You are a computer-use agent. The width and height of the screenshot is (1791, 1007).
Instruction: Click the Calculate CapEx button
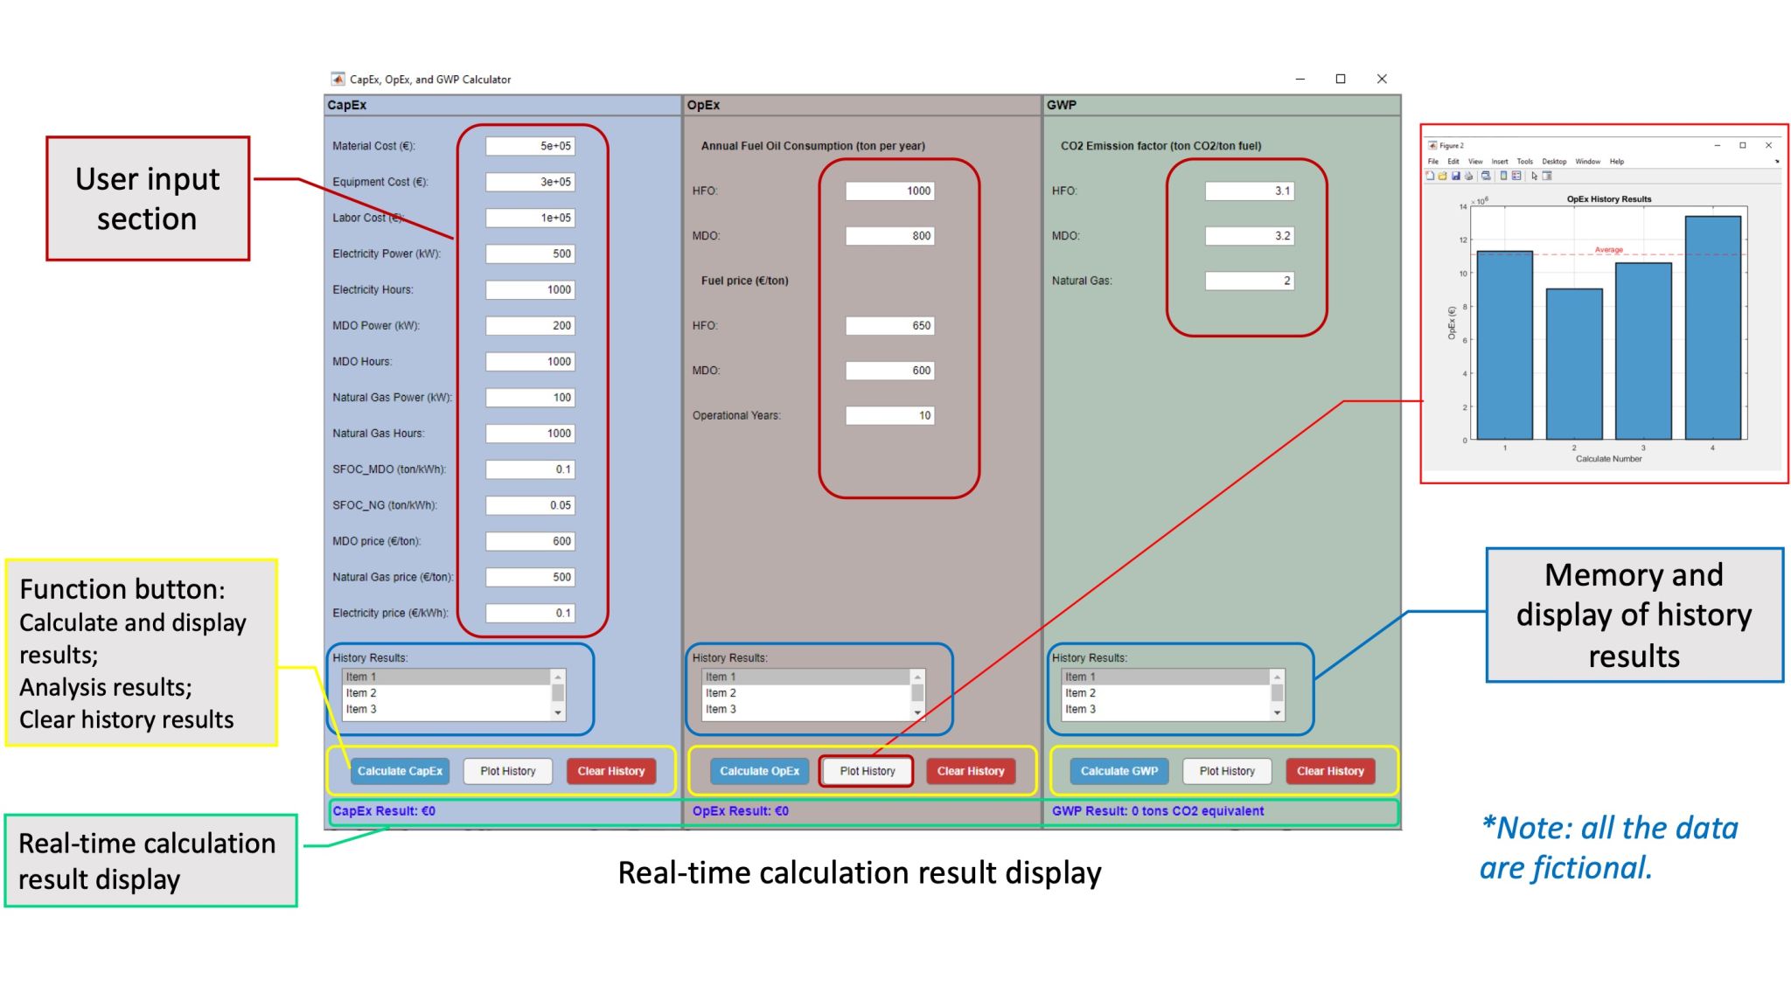400,771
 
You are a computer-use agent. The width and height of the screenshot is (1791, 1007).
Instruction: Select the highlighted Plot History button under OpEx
867,771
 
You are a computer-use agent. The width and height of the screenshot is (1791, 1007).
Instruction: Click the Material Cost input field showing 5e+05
530,146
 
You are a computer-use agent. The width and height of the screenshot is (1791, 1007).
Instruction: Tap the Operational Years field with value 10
889,415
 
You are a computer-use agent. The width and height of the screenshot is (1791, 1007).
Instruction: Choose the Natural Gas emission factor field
1249,281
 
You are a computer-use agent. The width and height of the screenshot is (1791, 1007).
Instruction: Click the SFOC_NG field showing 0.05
530,505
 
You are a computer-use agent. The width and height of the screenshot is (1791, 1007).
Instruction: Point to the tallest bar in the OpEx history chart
1712,328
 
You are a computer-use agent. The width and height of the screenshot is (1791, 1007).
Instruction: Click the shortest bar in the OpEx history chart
1574,364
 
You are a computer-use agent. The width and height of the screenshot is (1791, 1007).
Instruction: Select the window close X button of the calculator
1382,79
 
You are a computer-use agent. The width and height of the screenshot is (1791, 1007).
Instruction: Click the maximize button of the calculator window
1341,79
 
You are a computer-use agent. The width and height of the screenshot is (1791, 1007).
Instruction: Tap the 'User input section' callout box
148,198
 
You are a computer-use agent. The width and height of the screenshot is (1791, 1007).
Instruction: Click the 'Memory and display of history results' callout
1634,615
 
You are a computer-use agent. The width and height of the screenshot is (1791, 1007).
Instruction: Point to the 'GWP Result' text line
1157,811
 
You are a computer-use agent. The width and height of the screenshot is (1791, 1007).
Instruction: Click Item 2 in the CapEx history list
361,693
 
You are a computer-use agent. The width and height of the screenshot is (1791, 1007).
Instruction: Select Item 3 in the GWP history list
1080,709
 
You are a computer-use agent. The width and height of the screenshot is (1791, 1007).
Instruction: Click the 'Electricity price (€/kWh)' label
390,613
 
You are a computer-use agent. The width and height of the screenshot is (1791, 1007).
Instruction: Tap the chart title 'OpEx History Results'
1608,199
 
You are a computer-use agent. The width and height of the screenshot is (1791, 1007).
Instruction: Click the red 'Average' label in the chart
1608,250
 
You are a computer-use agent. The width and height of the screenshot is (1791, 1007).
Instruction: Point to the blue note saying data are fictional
1608,848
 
